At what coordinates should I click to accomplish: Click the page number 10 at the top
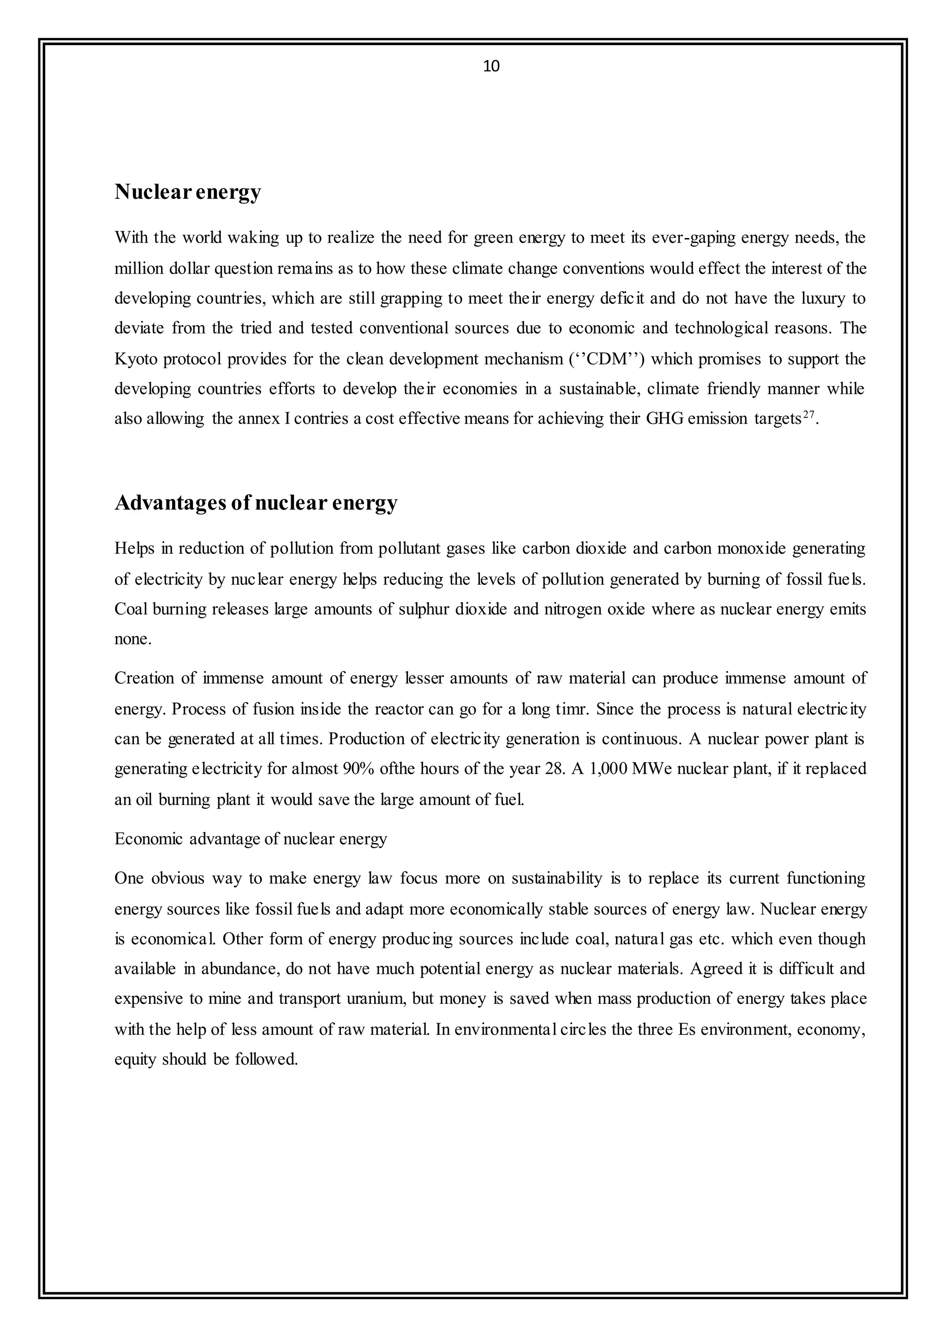[491, 66]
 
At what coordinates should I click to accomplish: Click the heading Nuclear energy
[187, 191]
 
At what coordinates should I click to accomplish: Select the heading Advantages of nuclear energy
[256, 502]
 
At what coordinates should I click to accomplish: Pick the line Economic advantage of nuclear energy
[250, 839]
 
